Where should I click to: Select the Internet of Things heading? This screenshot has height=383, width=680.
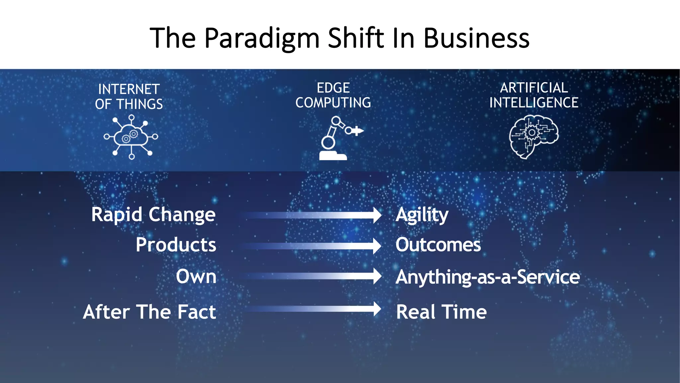pyautogui.click(x=129, y=96)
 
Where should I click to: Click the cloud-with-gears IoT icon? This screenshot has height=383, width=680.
pyautogui.click(x=131, y=137)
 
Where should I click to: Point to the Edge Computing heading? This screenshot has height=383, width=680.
pyautogui.click(x=333, y=95)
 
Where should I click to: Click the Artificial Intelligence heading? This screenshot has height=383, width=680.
pyautogui.click(x=534, y=95)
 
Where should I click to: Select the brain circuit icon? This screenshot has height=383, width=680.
pyautogui.click(x=534, y=136)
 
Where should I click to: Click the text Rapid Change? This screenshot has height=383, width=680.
pyautogui.click(x=153, y=214)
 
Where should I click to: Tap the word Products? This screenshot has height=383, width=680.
pyautogui.click(x=176, y=245)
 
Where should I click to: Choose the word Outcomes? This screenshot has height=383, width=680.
pyautogui.click(x=438, y=245)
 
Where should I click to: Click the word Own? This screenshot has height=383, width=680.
pyautogui.click(x=196, y=276)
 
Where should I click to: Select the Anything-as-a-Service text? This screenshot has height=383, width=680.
pyautogui.click(x=487, y=277)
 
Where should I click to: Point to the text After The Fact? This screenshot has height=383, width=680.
pyautogui.click(x=149, y=312)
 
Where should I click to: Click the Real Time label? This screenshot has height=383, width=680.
pyautogui.click(x=441, y=312)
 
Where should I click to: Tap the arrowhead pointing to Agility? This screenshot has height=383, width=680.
pyautogui.click(x=377, y=215)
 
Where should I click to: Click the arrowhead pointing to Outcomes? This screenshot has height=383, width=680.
pyautogui.click(x=377, y=246)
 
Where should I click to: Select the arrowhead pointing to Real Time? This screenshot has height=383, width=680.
pyautogui.click(x=377, y=309)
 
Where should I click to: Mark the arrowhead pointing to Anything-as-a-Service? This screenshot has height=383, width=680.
pyautogui.click(x=377, y=276)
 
